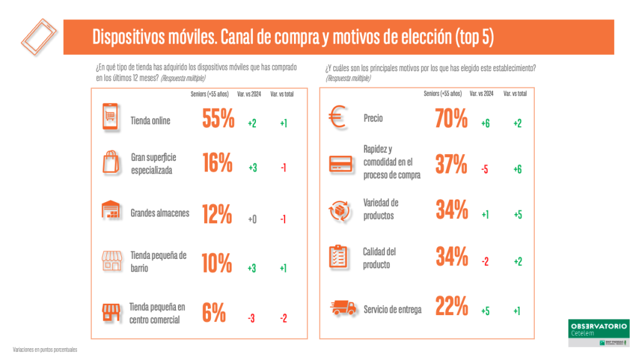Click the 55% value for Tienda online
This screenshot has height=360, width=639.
[218, 119]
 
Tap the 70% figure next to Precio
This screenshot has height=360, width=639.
[451, 119]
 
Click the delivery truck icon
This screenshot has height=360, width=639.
[342, 308]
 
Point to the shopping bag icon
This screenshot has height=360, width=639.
[110, 163]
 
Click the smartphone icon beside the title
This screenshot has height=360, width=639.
[39, 36]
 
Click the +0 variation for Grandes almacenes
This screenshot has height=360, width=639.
[251, 219]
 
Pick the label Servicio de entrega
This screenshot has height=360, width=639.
[393, 309]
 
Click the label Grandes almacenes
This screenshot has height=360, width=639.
[160, 213]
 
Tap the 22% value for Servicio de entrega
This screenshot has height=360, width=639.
[451, 306]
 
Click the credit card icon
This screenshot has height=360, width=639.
[341, 164]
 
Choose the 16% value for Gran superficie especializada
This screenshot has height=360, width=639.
[217, 163]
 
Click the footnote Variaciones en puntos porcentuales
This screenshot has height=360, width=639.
[45, 350]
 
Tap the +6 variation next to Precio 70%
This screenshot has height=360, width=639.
[485, 124]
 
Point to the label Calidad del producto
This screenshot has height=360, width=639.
[379, 258]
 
